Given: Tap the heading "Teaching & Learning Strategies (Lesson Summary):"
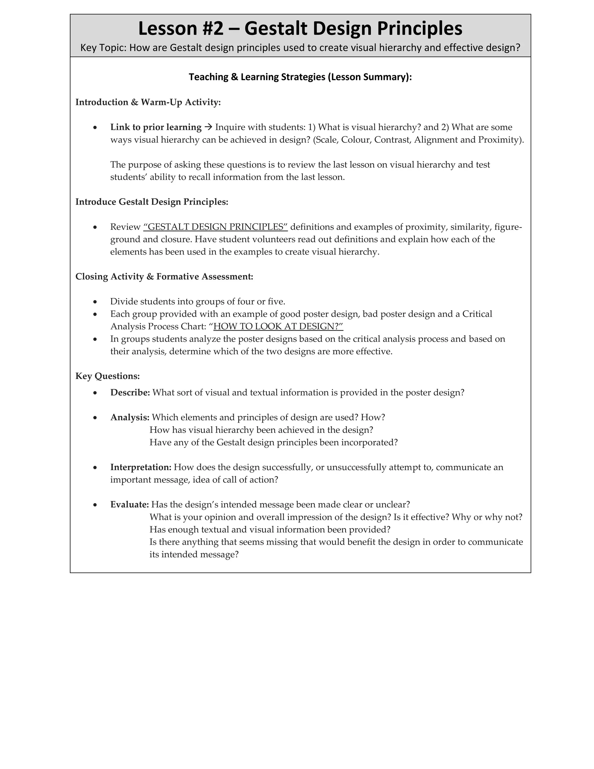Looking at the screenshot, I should coord(300,77).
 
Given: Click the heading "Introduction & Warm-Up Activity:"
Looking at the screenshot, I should coord(148,102).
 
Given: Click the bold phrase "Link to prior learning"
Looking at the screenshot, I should coord(155,127).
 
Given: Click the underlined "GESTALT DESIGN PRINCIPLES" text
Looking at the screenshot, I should coord(215,227).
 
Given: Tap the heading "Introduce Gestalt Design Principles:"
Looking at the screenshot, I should coord(152,202).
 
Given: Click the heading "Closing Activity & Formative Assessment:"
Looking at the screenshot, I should coord(164,277).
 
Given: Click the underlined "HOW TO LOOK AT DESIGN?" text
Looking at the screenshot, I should coord(278,327).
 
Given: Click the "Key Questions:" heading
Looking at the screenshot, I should coord(107,376).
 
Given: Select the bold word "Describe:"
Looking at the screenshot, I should coord(130,393).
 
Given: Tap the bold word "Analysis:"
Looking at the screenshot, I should coord(129,418).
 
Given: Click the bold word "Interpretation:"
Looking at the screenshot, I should coord(140,467).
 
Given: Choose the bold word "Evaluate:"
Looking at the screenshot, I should coord(129,505).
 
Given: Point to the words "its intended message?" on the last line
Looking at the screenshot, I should coord(194,555).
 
